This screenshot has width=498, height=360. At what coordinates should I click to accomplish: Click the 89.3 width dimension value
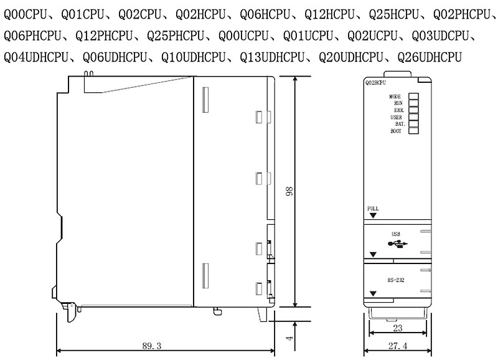tap(152, 346)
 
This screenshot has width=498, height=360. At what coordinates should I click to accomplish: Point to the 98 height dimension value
tap(289, 191)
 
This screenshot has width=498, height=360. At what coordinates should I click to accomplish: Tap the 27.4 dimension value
tap(398, 346)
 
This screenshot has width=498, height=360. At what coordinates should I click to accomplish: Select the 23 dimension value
tap(398, 328)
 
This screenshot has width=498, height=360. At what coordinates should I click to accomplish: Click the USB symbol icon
tap(398, 244)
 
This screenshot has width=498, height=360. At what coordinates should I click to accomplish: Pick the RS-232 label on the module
tap(396, 280)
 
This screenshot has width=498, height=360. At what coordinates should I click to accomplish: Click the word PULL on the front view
tap(373, 209)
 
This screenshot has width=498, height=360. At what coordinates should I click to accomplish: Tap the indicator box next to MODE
tap(413, 97)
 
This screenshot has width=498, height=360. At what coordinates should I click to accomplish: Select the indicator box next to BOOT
tap(413, 131)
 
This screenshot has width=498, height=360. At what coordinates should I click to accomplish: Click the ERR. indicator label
tap(399, 110)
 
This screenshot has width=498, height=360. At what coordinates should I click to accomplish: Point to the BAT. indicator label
tap(400, 124)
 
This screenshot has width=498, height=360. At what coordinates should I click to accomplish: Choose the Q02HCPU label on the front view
tap(376, 83)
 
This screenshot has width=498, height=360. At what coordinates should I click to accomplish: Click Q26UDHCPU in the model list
tap(430, 57)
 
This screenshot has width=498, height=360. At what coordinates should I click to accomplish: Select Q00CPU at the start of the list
tap(26, 14)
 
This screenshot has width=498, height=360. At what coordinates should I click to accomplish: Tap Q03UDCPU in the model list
tap(440, 36)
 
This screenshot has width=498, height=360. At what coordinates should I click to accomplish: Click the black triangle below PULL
tap(373, 216)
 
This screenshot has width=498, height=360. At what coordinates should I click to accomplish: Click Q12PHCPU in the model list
tap(104, 36)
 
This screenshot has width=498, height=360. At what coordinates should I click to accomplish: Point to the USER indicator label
tap(396, 117)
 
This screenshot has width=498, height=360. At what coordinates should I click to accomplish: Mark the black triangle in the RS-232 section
tap(373, 294)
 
